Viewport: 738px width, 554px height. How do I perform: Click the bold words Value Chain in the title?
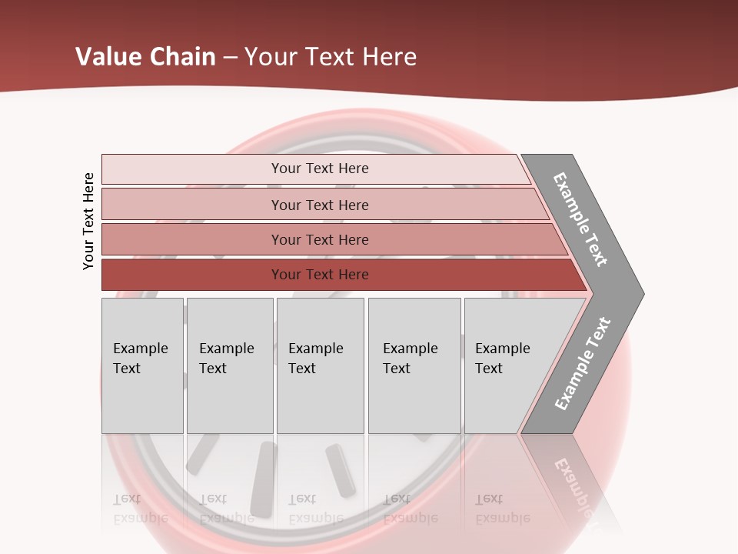pos(145,57)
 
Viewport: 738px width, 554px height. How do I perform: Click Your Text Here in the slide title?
pos(331,57)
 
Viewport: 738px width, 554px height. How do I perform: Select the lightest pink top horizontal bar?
pos(192,169)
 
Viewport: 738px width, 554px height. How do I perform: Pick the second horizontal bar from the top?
pos(192,205)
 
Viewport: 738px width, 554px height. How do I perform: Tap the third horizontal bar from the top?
pos(192,239)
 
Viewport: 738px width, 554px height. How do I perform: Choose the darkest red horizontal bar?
pos(192,275)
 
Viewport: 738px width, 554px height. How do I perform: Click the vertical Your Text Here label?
pos(88,221)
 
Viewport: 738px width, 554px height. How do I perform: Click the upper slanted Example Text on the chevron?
pos(580,219)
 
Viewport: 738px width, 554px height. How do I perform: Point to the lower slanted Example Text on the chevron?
pos(583,363)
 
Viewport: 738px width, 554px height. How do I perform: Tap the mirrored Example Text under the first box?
pos(140,509)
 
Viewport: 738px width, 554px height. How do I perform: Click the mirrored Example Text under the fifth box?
pos(502,509)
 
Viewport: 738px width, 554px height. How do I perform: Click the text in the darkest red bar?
pos(320,275)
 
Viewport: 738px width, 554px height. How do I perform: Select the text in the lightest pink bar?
pos(320,169)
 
